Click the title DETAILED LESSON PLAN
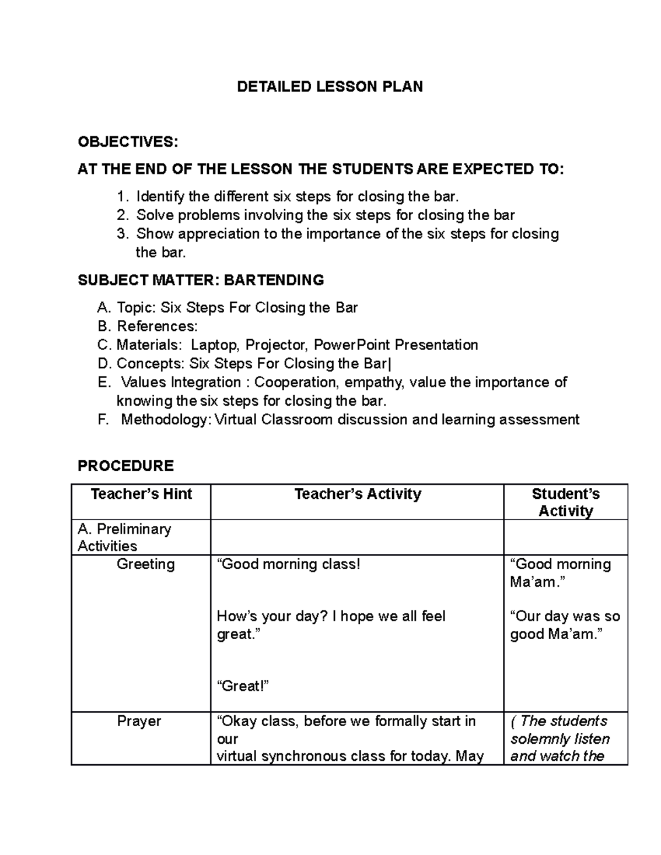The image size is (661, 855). tap(329, 86)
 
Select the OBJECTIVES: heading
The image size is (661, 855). tap(128, 142)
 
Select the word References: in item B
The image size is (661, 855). tap(157, 326)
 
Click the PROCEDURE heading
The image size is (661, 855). tap(126, 466)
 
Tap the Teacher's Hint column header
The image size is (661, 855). tap(141, 494)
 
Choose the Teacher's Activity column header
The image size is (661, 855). tap(357, 494)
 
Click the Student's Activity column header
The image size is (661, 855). tap(566, 502)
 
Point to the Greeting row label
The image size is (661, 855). tap(145, 564)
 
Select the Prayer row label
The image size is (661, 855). tap(139, 721)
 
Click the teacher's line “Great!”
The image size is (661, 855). tap(243, 686)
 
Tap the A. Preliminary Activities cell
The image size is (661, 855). tap(124, 537)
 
